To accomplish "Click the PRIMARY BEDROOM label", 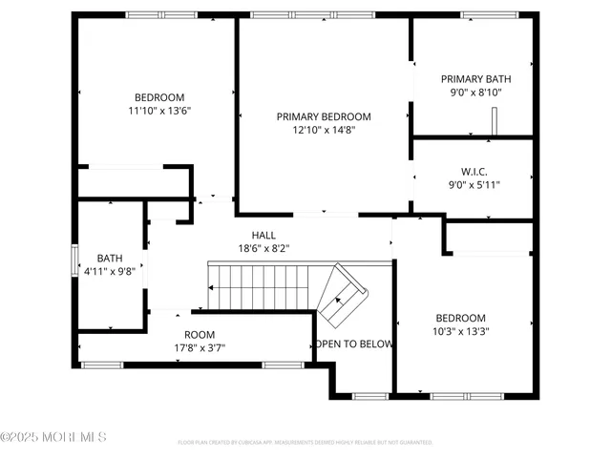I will [324, 116].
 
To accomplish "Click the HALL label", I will [264, 235].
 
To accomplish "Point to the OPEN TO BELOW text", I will [354, 344].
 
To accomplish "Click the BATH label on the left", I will [110, 258].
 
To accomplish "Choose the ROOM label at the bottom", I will [200, 334].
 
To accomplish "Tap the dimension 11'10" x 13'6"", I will [159, 110].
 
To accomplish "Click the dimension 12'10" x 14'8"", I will [324, 130].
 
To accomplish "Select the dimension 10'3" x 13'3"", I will [461, 331].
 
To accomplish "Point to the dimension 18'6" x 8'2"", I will [264, 248].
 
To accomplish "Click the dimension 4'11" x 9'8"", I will [110, 271].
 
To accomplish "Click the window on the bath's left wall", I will [74, 260].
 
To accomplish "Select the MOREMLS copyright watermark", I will [53, 437].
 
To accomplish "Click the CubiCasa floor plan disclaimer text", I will [305, 443].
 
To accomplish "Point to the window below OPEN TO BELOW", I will [369, 395].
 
